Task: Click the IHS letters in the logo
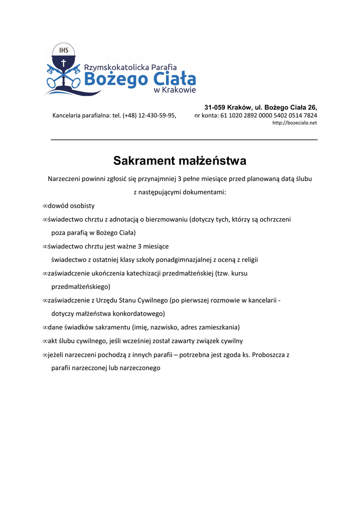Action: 64,50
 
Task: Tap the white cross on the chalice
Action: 63,64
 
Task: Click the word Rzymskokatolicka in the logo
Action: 112,67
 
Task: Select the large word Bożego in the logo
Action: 116,79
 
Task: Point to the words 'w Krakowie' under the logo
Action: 175,90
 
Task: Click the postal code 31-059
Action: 215,107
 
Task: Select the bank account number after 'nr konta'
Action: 269,116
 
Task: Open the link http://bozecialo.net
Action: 294,123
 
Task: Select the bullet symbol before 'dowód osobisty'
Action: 45,206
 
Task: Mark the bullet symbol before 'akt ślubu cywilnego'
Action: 45,341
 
